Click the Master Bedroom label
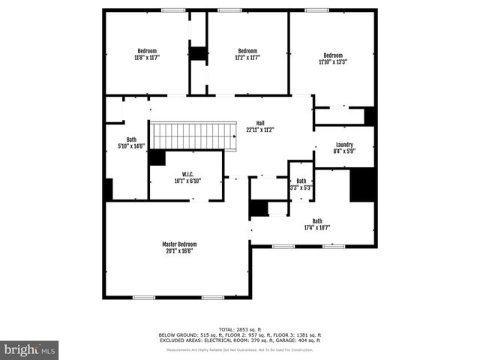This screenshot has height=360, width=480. tap(180, 244)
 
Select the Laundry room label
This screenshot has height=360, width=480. tap(344, 145)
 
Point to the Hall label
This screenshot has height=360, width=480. tap(260, 123)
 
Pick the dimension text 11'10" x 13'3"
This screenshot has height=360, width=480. tap(333, 61)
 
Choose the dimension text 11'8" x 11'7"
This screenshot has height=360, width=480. tap(147, 57)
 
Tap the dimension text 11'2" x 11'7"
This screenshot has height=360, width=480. tap(247, 57)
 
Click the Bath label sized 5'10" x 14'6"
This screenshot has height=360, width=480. tap(131, 139)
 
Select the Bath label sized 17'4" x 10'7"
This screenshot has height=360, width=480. tap(317, 221)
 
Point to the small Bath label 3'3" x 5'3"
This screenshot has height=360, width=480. tap(301, 181)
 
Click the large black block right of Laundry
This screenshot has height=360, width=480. tap(362, 185)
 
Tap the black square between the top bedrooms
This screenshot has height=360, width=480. tap(198, 54)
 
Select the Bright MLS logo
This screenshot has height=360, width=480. tap(30, 349)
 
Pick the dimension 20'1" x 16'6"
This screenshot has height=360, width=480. tap(180, 251)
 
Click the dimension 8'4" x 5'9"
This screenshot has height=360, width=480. tap(344, 151)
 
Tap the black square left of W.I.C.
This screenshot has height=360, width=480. tap(157, 157)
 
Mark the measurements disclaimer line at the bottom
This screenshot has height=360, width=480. tap(240, 350)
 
